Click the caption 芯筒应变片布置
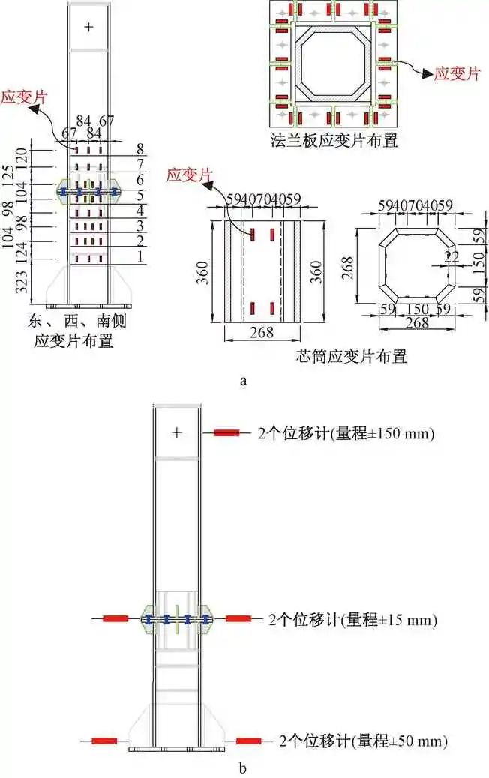point(352,357)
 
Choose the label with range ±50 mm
point(362,742)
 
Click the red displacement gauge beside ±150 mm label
point(226,432)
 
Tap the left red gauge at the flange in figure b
point(115,618)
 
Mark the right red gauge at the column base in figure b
point(248,741)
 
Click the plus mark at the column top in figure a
point(88,27)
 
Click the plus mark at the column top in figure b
point(176,432)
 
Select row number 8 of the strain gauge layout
point(139,148)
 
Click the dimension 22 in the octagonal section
point(451,257)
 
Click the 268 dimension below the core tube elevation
point(261,332)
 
